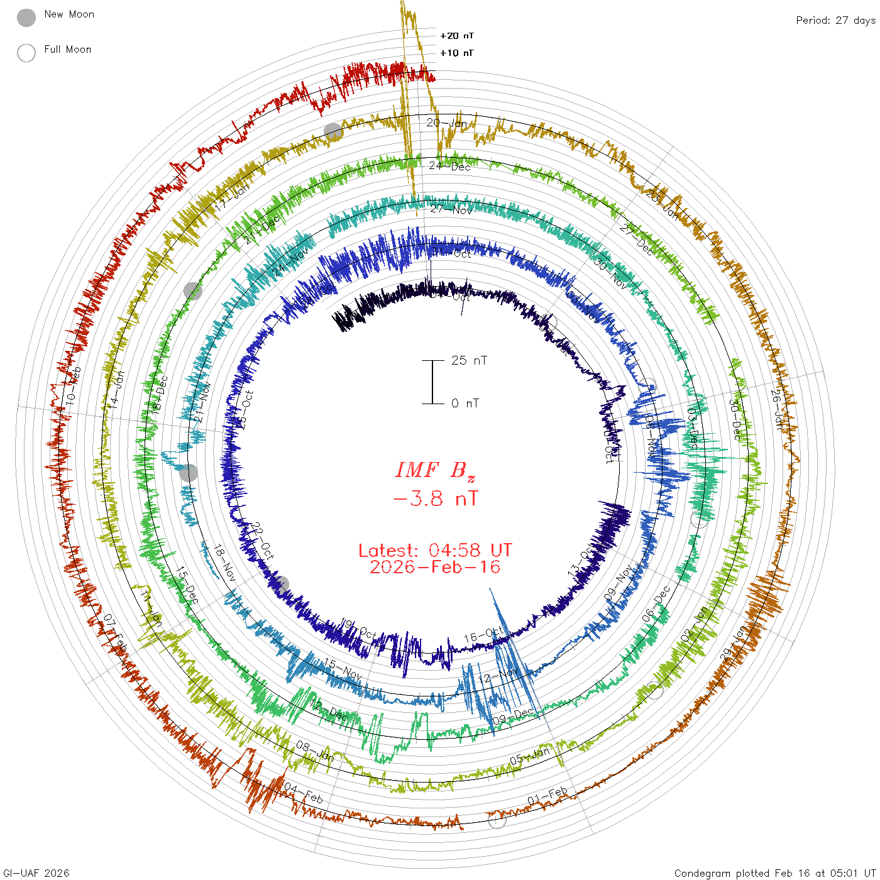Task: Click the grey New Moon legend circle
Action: (26, 18)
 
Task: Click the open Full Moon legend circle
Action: (26, 53)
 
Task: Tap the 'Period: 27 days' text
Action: (835, 20)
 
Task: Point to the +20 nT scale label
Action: (457, 36)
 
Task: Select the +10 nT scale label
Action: (457, 53)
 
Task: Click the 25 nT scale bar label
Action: (469, 360)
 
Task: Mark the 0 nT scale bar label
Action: (465, 403)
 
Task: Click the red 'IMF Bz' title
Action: (435, 470)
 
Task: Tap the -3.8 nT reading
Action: (435, 499)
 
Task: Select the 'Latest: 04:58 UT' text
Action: (435, 551)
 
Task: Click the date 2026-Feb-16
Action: (435, 567)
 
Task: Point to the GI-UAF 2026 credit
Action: (36, 873)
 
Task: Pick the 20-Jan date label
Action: (447, 123)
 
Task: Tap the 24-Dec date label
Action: (449, 167)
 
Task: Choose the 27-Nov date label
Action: (451, 209)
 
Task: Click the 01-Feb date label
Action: (547, 796)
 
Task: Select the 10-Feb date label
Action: (74, 385)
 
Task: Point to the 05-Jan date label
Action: (530, 756)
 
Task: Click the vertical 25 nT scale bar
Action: (432, 382)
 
